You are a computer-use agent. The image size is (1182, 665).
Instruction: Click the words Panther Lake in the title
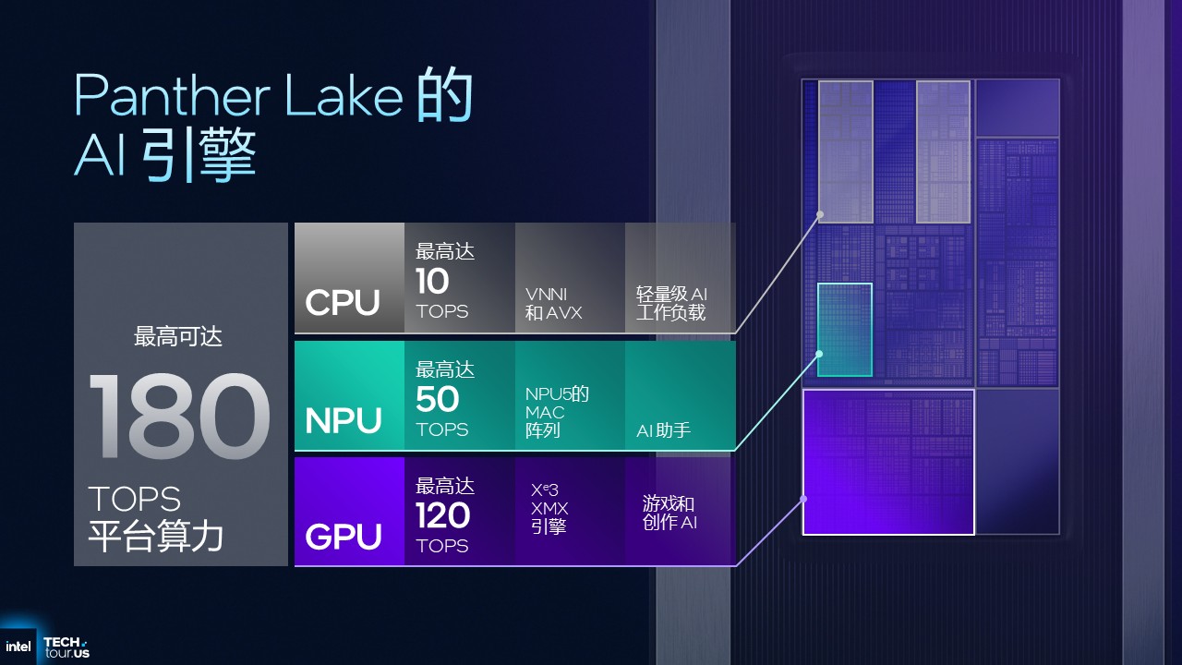pyautogui.click(x=238, y=96)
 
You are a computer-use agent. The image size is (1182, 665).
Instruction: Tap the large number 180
pyautogui.click(x=179, y=417)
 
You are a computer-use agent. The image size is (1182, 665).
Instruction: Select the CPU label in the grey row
pyautogui.click(x=343, y=303)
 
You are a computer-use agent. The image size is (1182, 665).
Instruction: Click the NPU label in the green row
pyautogui.click(x=343, y=421)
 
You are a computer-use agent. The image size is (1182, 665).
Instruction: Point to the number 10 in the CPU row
pyautogui.click(x=432, y=282)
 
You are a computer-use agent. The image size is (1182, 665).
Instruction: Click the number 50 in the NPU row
pyautogui.click(x=437, y=400)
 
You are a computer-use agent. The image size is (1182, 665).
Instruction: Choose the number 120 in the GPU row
pyautogui.click(x=442, y=516)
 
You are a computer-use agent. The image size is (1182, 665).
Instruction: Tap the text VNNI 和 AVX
pyautogui.click(x=553, y=304)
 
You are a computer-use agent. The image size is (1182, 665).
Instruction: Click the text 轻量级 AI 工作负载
pyautogui.click(x=671, y=304)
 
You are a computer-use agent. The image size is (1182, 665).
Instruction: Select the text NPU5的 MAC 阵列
pyautogui.click(x=557, y=412)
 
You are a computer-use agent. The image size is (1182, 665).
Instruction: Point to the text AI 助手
pyautogui.click(x=663, y=430)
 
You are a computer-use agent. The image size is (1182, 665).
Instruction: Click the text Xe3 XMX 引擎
pyautogui.click(x=549, y=508)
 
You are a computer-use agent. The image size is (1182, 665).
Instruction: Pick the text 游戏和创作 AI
pyautogui.click(x=669, y=513)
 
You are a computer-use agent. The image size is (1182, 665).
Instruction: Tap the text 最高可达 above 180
pyautogui.click(x=178, y=337)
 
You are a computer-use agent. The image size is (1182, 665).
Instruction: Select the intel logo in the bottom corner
pyautogui.click(x=18, y=647)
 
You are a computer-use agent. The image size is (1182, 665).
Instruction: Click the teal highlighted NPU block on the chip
pyautogui.click(x=844, y=330)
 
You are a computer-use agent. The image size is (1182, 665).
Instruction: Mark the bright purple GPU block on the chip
pyautogui.click(x=887, y=462)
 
